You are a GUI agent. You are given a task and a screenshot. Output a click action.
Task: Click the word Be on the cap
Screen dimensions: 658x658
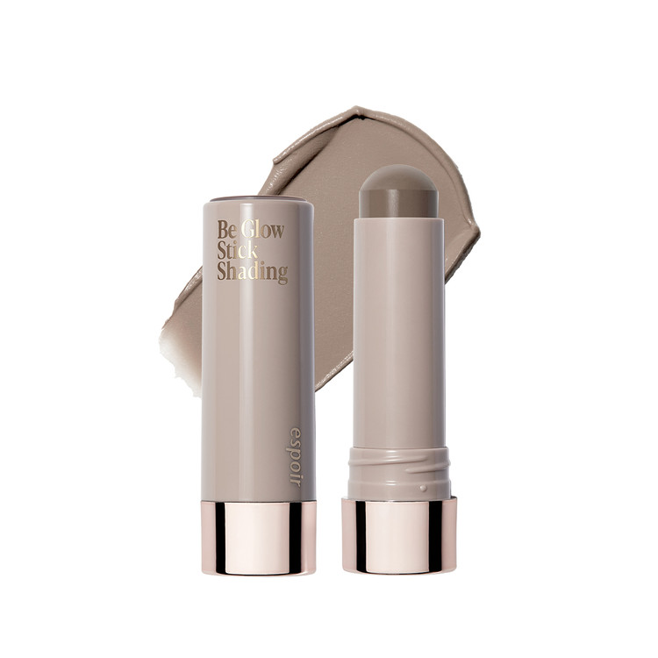(x=226, y=229)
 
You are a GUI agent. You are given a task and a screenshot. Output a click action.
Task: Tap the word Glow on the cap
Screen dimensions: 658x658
(x=262, y=229)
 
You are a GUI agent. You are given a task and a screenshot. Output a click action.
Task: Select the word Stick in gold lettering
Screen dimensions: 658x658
(x=237, y=250)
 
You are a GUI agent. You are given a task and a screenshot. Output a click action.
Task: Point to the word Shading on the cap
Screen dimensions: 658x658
(x=252, y=272)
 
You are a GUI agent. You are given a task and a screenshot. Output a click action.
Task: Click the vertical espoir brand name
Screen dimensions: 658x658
(x=295, y=457)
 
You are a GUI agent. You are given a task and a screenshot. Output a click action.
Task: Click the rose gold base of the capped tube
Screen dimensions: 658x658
(x=259, y=538)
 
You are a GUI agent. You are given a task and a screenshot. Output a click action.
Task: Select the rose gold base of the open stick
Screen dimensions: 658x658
(x=398, y=535)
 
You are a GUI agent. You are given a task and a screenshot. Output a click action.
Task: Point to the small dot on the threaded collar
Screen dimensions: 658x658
(x=423, y=488)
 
